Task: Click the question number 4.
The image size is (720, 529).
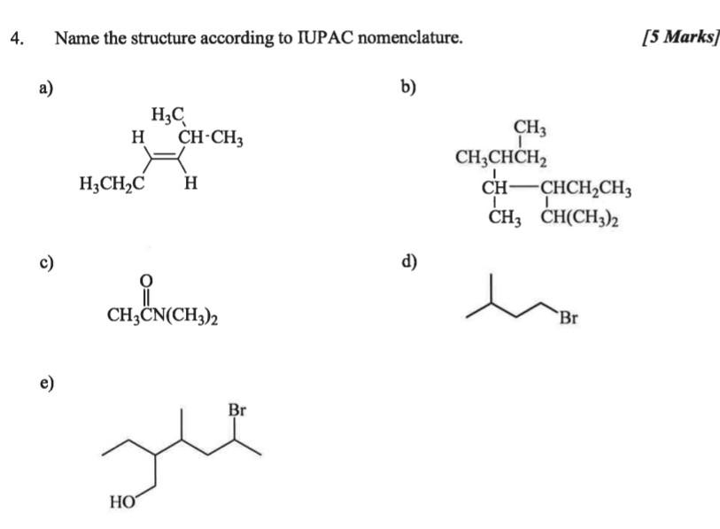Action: [x=17, y=38]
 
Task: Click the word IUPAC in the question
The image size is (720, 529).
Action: [x=325, y=37]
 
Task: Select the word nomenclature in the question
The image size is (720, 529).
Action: [x=410, y=37]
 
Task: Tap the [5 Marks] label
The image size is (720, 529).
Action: [x=681, y=36]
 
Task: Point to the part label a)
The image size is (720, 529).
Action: [x=46, y=87]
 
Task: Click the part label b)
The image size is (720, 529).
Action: [x=408, y=87]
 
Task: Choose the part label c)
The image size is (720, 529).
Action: [x=46, y=262]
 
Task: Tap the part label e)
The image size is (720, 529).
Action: [x=47, y=383]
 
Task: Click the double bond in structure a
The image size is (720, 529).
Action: [x=164, y=156]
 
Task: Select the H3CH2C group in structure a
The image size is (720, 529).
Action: [x=112, y=183]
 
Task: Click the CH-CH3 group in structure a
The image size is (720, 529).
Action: [x=210, y=137]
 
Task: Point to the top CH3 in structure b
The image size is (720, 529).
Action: [x=530, y=128]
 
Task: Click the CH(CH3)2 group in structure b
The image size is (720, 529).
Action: [x=579, y=218]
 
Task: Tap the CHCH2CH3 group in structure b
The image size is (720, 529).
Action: [x=585, y=189]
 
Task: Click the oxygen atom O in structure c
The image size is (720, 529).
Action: [x=145, y=280]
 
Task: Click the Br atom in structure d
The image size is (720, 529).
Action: [x=569, y=317]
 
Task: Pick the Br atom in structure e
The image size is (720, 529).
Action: [x=237, y=409]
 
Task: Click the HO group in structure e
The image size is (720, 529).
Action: [x=122, y=502]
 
